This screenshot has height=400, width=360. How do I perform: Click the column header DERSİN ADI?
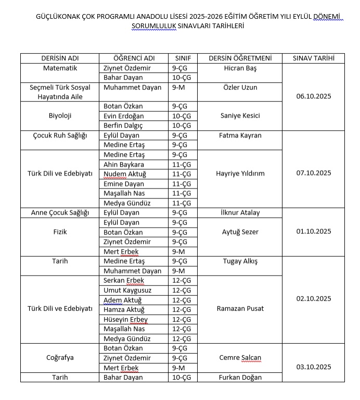59,58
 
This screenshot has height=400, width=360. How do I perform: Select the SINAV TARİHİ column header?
313,58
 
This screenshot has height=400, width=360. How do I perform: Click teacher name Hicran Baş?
240,68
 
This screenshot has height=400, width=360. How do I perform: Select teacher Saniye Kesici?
240,116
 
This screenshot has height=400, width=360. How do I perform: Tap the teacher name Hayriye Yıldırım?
240,173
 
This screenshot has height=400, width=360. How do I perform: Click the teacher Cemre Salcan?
240,357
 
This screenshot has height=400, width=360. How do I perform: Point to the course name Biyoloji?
59,116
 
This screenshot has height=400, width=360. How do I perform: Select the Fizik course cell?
59,232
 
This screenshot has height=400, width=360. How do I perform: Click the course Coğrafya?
59,357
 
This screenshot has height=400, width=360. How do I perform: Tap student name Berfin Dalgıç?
123,126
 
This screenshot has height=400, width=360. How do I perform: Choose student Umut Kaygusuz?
127,290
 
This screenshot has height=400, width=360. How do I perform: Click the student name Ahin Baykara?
124,164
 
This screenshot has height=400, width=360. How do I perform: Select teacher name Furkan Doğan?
240,377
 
